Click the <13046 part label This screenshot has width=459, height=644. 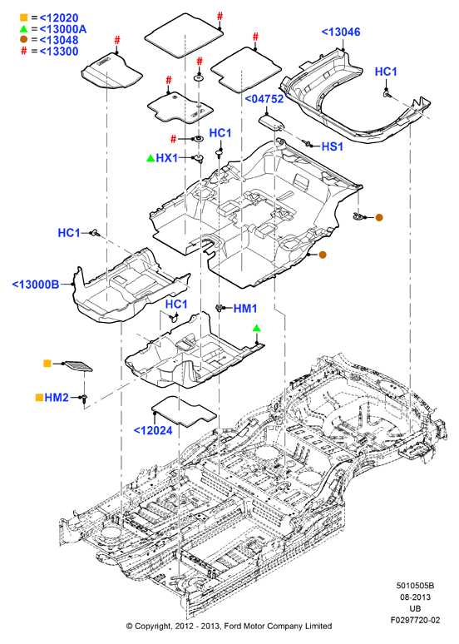click(341, 32)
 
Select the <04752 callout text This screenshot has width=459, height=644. click(264, 99)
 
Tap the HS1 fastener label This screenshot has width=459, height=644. click(332, 146)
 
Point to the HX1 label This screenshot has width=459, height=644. click(167, 158)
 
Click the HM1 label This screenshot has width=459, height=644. click(245, 308)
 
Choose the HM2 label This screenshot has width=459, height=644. click(57, 397)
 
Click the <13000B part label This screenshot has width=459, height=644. click(36, 285)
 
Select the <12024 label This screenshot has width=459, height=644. click(153, 430)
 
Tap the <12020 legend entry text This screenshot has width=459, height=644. click(59, 17)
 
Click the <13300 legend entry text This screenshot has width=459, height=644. click(59, 52)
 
